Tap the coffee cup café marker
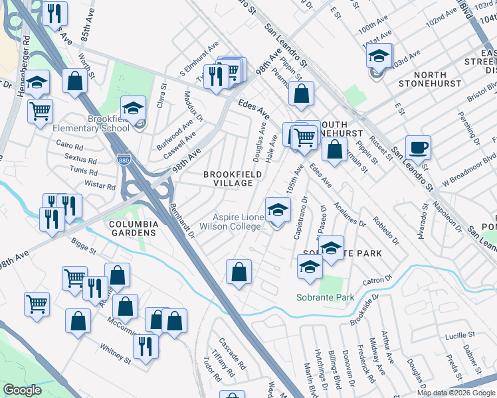click(x=418, y=148)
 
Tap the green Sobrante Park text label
click(x=326, y=298)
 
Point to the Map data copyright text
click(x=456, y=393)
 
